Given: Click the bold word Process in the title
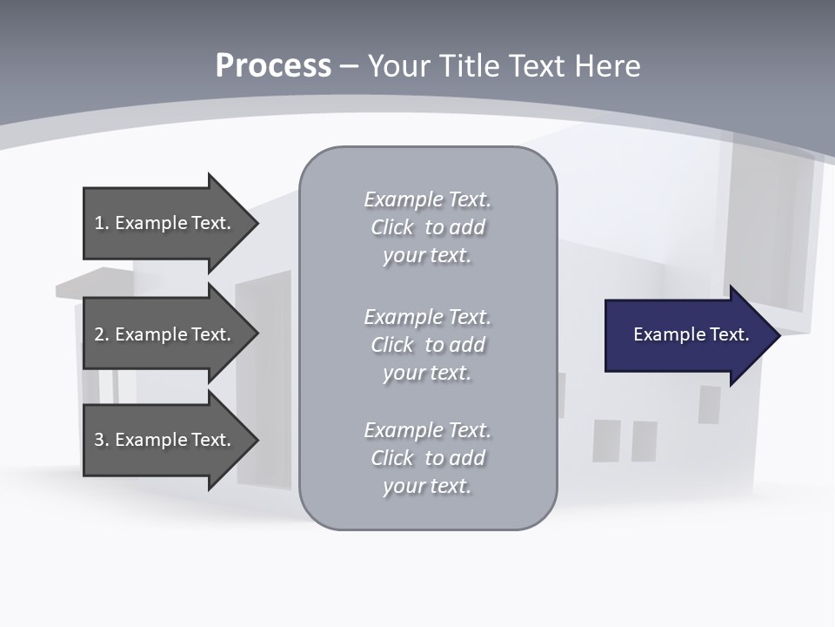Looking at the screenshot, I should pyautogui.click(x=273, y=66).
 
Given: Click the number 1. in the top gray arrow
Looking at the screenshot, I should pyautogui.click(x=101, y=223).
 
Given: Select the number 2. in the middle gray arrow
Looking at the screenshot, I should pyautogui.click(x=101, y=334).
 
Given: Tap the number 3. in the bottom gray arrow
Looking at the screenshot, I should pyautogui.click(x=101, y=440).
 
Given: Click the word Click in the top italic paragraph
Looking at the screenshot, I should pyautogui.click(x=392, y=228).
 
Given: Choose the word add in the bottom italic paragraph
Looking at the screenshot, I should pyautogui.click(x=468, y=458).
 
